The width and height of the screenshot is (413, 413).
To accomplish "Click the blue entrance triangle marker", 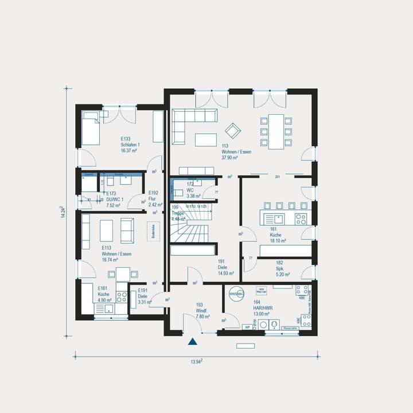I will (x=193, y=342).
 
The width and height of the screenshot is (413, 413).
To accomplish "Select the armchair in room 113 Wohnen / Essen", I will (x=232, y=131).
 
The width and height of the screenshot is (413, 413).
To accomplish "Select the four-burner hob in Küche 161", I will (x=301, y=218).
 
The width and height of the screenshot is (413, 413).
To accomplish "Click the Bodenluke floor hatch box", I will (x=154, y=231).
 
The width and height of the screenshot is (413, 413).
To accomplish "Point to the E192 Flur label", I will (x=154, y=198).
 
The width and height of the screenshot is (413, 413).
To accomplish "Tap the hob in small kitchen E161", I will (x=122, y=297).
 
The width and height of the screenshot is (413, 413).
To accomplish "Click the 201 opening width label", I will (x=278, y=176).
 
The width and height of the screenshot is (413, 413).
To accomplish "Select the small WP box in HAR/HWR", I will (x=248, y=327).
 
